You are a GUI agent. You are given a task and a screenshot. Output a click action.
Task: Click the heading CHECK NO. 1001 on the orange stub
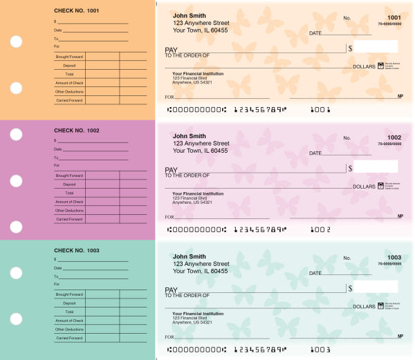point(76,10)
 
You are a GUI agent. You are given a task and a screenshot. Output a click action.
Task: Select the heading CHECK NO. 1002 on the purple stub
point(76,130)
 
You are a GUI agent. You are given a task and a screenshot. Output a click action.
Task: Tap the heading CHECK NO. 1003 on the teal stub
point(76,250)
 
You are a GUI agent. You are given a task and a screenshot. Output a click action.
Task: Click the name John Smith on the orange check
point(189,15)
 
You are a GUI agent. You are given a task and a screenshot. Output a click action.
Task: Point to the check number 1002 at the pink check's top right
point(394,138)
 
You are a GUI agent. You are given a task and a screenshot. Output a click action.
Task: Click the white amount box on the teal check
point(377,286)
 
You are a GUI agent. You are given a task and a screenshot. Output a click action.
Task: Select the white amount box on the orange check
point(377,47)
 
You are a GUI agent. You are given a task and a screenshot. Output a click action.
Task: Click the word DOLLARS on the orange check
point(365,66)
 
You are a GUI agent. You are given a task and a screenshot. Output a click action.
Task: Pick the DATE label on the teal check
point(315,272)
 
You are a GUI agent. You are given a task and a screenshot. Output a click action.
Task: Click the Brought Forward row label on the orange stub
point(69,57)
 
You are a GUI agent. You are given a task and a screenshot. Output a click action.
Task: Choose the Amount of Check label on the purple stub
point(69,202)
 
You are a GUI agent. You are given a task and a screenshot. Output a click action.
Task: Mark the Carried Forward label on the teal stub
point(69,338)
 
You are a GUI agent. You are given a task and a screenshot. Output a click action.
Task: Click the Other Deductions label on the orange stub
point(69,91)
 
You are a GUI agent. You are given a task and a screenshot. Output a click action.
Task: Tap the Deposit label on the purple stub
point(69,184)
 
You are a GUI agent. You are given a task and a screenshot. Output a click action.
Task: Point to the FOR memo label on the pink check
point(169,217)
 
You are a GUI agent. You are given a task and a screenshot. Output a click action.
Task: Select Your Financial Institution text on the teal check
point(198,313)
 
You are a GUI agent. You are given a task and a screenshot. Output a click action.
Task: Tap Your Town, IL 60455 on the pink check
point(201,150)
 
